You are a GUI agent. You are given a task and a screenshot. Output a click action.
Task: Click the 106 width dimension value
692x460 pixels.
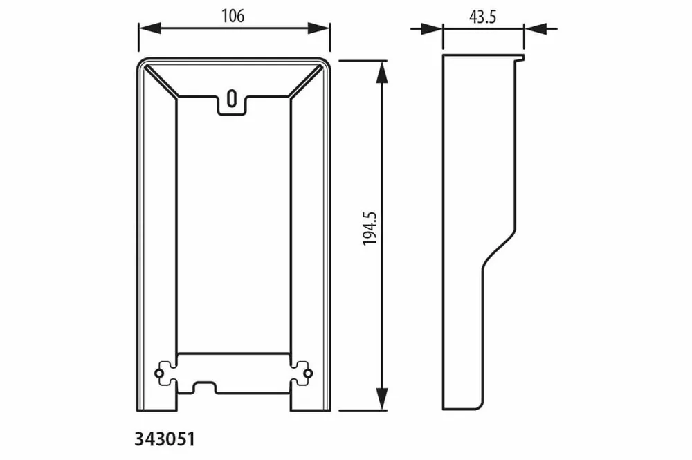pos(233,17)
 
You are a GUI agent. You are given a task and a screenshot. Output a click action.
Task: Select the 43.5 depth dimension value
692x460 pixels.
pos(483,17)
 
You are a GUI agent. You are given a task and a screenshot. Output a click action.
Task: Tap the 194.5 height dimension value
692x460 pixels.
pos(370,228)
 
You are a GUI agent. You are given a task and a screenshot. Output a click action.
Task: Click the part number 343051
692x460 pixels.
pos(164,439)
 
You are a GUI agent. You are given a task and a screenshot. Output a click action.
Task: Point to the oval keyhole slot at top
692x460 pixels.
pos(232,98)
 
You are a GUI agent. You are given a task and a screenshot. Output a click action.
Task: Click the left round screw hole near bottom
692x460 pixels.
pos(159,374)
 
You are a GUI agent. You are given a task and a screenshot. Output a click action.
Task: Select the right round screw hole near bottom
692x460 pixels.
pos(308,374)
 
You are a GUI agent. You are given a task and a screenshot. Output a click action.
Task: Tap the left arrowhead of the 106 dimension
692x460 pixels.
pos(149,28)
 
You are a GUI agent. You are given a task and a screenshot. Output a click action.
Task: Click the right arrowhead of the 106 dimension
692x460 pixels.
pos(319,28)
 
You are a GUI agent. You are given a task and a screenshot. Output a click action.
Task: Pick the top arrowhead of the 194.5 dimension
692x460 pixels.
pos(382,71)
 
